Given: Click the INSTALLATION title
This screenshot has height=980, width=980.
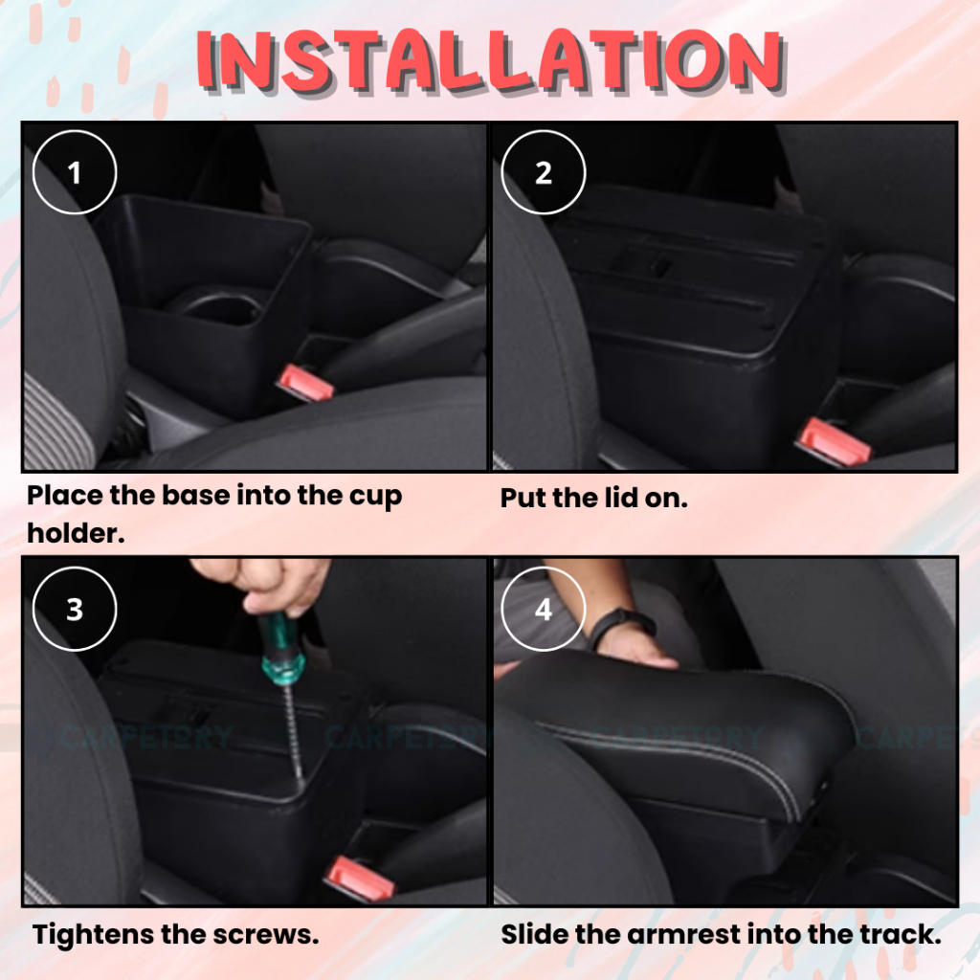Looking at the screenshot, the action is (491, 60).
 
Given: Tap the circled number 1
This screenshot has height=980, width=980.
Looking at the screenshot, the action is (75, 172).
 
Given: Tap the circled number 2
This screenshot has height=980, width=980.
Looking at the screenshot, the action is (544, 172).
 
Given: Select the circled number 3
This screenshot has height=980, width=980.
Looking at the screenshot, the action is (75, 610).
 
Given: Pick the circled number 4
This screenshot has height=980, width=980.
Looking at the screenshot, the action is (544, 610).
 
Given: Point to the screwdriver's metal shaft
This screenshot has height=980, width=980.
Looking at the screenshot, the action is (293, 731).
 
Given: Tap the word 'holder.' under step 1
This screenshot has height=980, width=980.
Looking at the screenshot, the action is (76, 533).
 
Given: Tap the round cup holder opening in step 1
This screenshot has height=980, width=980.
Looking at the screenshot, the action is (212, 307).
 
